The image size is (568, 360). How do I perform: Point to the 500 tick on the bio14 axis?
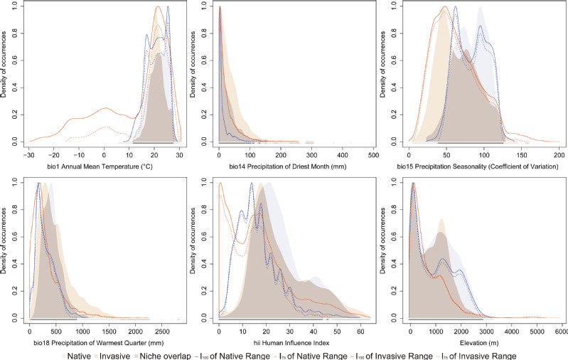click(371, 155)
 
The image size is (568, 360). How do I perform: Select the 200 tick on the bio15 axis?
click(559, 155)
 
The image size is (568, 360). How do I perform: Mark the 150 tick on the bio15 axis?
click(522, 155)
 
